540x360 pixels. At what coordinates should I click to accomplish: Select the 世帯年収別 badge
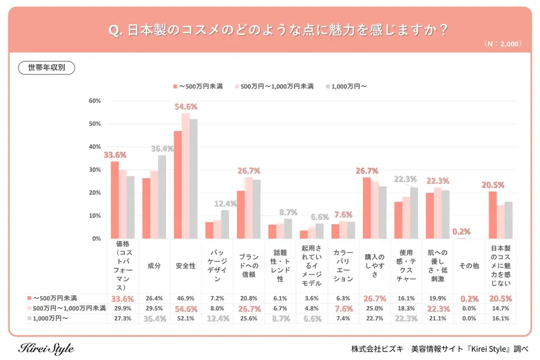pos(46,67)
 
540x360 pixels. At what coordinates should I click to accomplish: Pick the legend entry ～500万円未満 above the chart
pos(198,86)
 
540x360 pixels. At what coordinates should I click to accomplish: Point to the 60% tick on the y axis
pos(95,101)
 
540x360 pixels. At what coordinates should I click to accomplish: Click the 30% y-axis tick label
pos(95,170)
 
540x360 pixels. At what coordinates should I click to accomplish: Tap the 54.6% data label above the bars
pos(186,106)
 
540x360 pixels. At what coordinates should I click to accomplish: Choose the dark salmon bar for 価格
pos(114,200)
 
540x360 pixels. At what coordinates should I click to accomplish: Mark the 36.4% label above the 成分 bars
pos(162,149)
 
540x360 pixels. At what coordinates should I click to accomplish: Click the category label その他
pos(469,266)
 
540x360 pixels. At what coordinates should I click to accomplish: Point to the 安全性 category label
pos(186,266)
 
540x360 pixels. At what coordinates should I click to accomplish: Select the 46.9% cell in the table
pos(186,298)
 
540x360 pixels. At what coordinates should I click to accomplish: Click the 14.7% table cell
pos(500,308)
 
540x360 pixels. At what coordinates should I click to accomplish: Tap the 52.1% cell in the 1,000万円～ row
pos(186,318)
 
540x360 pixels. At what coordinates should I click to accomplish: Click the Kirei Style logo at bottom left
pos(46,348)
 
